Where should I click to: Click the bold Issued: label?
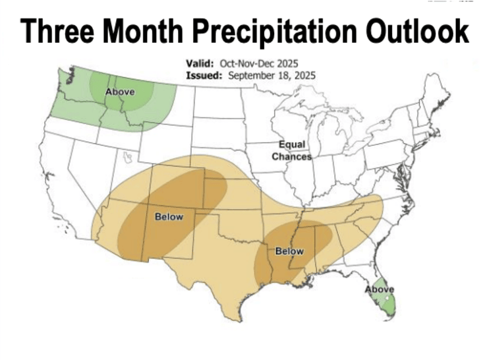204,75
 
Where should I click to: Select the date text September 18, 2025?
272,75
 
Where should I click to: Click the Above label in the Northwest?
121,92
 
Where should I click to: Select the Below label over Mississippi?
289,251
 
